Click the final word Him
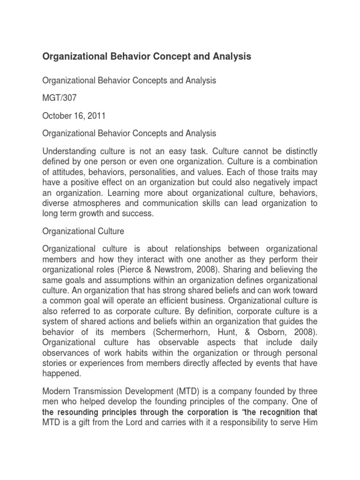click(308, 423)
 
